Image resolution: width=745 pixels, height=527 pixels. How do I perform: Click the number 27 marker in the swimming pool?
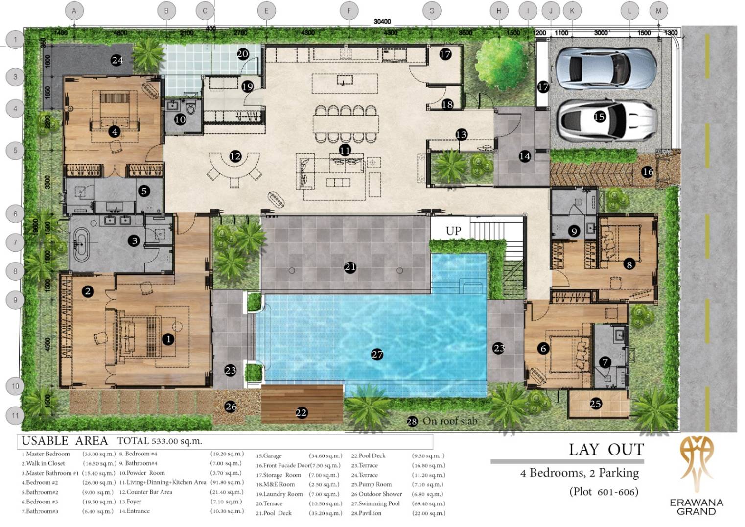[377, 355]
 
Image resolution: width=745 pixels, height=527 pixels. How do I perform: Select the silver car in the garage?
[606, 68]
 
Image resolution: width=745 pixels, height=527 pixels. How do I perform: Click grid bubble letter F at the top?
[349, 10]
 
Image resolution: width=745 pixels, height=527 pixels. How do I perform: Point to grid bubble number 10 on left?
[15, 386]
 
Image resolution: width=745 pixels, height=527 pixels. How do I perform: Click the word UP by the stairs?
[453, 231]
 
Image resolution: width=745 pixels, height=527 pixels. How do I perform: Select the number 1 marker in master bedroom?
[168, 339]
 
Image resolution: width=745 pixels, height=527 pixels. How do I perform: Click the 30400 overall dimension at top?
[382, 22]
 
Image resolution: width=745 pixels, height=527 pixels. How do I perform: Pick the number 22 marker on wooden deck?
[301, 413]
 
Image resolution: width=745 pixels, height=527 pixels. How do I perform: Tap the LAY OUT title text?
[606, 449]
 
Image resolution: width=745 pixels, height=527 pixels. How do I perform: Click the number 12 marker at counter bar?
[235, 156]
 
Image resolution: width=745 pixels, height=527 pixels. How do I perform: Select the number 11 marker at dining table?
[345, 150]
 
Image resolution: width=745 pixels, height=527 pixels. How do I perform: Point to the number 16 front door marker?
[648, 172]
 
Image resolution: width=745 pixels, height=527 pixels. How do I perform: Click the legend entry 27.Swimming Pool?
[375, 503]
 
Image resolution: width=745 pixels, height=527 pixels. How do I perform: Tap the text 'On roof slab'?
[449, 421]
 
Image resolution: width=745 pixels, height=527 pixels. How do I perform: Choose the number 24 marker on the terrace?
[116, 61]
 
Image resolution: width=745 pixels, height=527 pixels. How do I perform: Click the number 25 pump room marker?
[596, 404]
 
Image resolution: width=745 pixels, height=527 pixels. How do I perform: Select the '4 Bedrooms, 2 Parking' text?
[579, 473]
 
